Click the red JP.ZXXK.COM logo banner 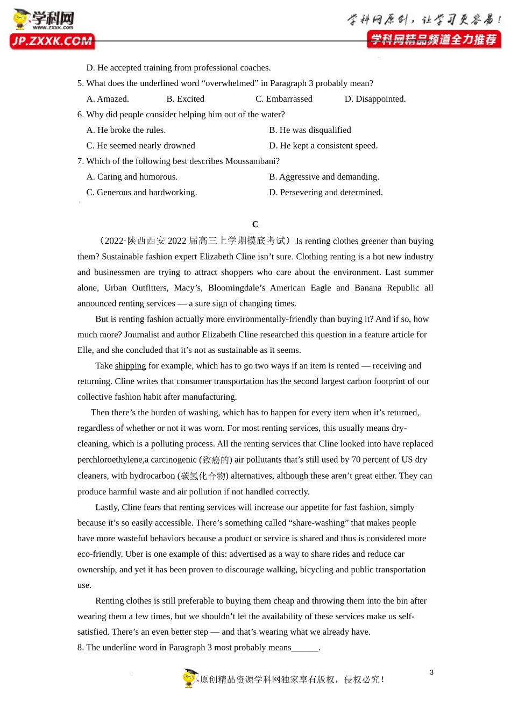pos(52,41)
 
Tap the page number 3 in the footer pos(431,672)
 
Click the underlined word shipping pos(130,366)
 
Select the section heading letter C pos(256,224)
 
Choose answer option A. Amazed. pos(108,99)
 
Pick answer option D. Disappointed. pos(375,99)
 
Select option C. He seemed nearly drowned pos(140,146)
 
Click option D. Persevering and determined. pos(325,193)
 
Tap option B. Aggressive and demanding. pos(324,177)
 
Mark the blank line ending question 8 pos(305,648)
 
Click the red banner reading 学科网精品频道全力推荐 pos(434,40)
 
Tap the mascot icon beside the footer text pos(190,678)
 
